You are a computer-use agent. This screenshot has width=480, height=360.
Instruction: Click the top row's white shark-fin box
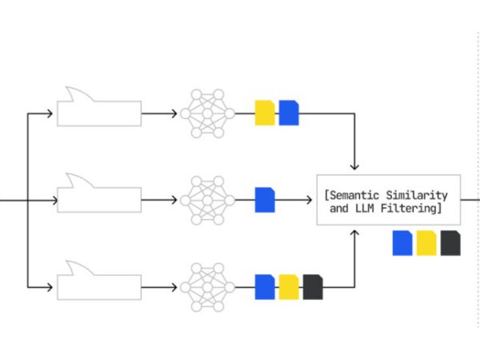(99, 113)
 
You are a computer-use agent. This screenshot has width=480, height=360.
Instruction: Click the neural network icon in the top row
(207, 113)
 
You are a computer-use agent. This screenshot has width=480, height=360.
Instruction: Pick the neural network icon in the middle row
(207, 199)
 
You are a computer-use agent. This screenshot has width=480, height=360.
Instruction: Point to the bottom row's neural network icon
(207, 286)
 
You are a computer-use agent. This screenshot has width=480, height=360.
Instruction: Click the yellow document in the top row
(265, 113)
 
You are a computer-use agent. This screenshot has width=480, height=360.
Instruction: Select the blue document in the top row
(289, 113)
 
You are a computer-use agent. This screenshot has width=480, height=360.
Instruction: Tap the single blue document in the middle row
(265, 199)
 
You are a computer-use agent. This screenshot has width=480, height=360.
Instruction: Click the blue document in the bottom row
(265, 286)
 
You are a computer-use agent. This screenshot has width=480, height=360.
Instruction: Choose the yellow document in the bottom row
(289, 286)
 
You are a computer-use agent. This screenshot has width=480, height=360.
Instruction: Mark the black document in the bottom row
(313, 286)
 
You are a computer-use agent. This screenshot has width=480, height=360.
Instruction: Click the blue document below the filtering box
(402, 242)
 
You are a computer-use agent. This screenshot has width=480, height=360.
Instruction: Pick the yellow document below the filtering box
(426, 242)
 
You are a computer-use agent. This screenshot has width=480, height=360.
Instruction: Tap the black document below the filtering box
(450, 242)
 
